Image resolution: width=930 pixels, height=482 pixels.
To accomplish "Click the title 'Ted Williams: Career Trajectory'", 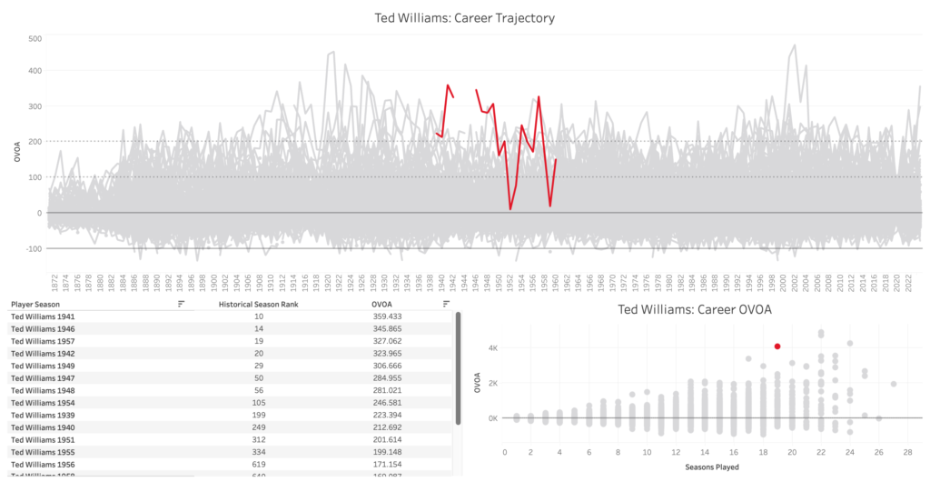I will pos(464,17).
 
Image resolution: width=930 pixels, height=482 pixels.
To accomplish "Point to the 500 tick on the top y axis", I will pos(35,38).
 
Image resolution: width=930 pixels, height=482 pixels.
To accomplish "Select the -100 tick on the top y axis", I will pos(33,248).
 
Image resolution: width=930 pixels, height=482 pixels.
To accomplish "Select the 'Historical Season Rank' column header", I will pos(260,304).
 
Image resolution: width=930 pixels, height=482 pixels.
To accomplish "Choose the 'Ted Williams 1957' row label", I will pos(44,340).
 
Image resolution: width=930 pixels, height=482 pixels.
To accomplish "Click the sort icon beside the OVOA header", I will pos(446,304).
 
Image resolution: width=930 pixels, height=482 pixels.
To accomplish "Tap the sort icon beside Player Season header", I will pos(181,304).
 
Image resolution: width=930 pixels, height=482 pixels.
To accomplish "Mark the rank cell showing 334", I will pos(260,450).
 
